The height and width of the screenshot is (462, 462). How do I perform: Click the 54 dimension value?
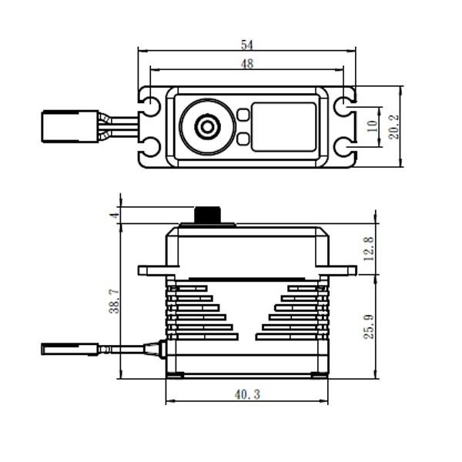click(x=247, y=45)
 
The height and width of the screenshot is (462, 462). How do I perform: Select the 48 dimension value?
click(x=247, y=64)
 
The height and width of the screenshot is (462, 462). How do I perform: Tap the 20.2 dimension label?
click(x=394, y=127)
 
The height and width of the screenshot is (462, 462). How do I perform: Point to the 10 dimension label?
click(x=373, y=126)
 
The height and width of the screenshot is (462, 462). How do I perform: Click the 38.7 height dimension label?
click(x=115, y=301)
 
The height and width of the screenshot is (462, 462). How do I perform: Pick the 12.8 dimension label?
click(x=369, y=249)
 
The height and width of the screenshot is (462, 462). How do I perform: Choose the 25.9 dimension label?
click(x=369, y=326)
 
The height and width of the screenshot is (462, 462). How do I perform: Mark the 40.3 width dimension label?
click(x=247, y=394)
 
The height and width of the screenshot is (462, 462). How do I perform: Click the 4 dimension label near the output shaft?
click(x=115, y=215)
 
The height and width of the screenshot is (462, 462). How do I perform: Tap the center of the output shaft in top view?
click(x=207, y=127)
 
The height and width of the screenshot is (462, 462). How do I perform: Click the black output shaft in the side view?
click(x=207, y=215)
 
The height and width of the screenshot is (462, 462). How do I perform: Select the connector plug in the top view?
click(x=70, y=126)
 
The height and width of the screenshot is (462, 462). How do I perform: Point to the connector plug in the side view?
click(x=70, y=349)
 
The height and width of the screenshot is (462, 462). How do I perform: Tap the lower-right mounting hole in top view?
click(x=344, y=147)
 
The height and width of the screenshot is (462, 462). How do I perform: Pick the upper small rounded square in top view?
click(x=243, y=115)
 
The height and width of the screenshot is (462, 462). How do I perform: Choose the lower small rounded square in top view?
click(x=243, y=139)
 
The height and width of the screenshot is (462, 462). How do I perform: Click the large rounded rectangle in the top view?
click(x=283, y=127)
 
